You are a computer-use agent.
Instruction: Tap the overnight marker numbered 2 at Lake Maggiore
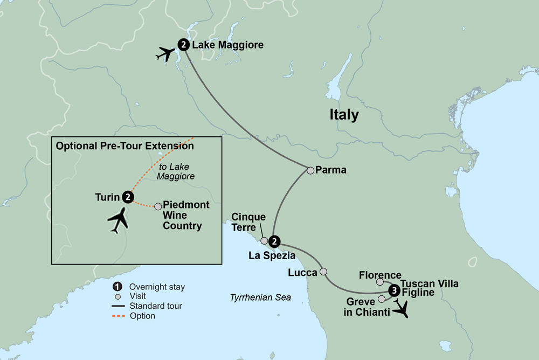pos(184,45)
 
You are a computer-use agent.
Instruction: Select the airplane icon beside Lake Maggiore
pos(166,54)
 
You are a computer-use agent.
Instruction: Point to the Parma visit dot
pos(310,170)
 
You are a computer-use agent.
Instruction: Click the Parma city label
pos(331,170)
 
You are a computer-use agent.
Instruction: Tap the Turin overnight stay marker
pos(128,197)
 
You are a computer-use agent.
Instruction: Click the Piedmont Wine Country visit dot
pos(158,206)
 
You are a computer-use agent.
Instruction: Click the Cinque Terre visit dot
pos(264,241)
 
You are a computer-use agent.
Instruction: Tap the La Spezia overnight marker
pos(274,241)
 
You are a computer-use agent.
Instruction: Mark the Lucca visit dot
pos(323,272)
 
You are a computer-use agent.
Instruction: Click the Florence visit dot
pos(380,282)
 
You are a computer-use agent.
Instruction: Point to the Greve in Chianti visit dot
pos(382,299)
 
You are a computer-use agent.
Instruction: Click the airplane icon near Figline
pos(402,308)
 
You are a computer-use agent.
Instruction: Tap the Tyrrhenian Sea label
pos(260,297)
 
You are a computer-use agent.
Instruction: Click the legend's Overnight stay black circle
pos(116,287)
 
